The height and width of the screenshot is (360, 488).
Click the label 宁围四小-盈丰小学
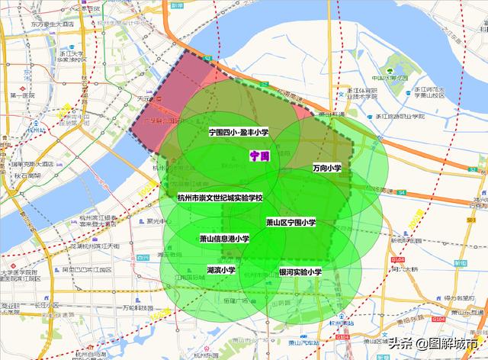point(239,133)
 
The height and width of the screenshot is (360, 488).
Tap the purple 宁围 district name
point(259,155)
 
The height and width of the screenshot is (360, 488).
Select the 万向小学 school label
point(326,168)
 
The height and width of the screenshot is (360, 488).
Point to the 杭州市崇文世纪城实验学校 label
point(220,198)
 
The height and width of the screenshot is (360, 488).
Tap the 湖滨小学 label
point(221,270)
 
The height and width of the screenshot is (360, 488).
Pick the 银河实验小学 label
point(300,271)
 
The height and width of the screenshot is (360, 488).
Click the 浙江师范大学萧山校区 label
point(429,92)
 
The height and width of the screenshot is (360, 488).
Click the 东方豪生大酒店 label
point(53,24)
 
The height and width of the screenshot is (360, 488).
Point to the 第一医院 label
point(23,95)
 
